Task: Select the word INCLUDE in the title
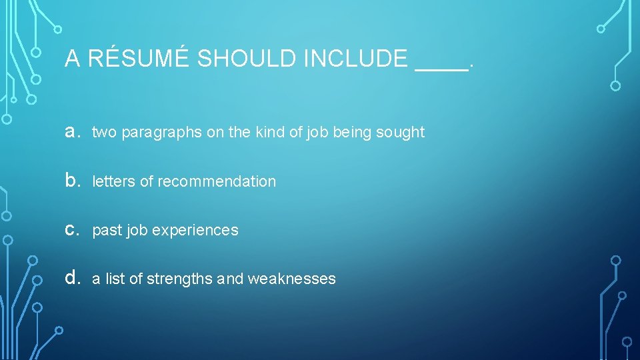pos(355,59)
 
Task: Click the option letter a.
pos(71,132)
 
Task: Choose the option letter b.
pos(71,181)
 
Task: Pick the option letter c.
pos(71,230)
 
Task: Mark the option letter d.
pos(71,279)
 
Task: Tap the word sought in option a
pos(400,132)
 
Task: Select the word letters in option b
pos(113,181)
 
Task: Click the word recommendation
pos(217,181)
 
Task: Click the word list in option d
pos(115,279)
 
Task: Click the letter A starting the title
pos(73,59)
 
